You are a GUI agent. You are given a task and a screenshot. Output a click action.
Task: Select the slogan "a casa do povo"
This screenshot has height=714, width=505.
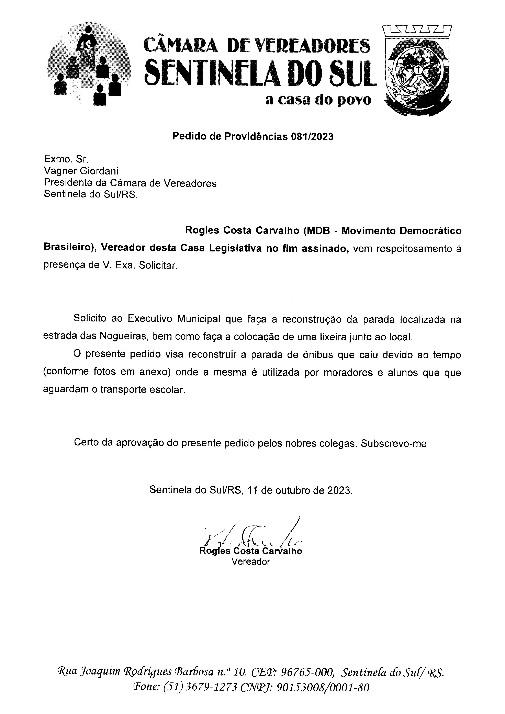pos(318,100)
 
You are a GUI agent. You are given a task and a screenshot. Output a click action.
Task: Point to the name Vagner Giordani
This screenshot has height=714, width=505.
pos(81,171)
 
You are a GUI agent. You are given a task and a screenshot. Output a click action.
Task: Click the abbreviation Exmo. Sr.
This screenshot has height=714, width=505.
pos(66,159)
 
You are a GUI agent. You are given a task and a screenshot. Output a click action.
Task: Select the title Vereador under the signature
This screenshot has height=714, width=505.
pos(251,561)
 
